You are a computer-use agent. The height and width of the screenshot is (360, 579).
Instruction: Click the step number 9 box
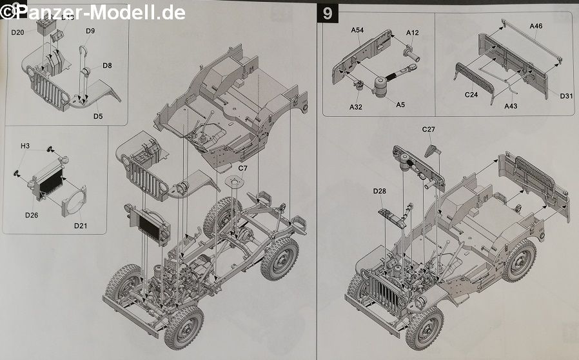[x=328, y=14]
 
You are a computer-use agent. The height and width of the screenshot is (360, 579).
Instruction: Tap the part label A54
[x=358, y=31]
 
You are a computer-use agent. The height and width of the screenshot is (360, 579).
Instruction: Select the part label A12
[x=413, y=33]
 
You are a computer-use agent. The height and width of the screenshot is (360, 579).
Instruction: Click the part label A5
[x=400, y=105]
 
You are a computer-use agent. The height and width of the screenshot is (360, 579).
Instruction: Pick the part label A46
[x=536, y=26]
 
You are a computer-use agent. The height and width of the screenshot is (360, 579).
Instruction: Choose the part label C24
[x=471, y=94]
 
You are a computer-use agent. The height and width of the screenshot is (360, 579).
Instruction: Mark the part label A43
[x=511, y=106]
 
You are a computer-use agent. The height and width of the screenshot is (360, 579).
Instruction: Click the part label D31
[x=566, y=96]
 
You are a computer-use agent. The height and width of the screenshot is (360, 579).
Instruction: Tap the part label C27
[x=429, y=130]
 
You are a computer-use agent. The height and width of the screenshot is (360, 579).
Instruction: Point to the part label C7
[x=242, y=168]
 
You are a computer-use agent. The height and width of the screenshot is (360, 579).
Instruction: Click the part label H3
[x=25, y=146]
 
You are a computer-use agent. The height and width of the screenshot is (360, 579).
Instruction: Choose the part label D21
[x=81, y=225]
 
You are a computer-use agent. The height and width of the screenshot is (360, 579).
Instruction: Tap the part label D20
[x=18, y=32]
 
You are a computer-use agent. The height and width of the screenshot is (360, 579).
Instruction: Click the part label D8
[x=106, y=65]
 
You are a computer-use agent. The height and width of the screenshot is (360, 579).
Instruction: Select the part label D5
[x=98, y=116]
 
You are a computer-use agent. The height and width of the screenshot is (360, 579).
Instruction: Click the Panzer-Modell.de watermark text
[x=93, y=12]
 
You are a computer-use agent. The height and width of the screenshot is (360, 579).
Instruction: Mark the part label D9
[x=90, y=30]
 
